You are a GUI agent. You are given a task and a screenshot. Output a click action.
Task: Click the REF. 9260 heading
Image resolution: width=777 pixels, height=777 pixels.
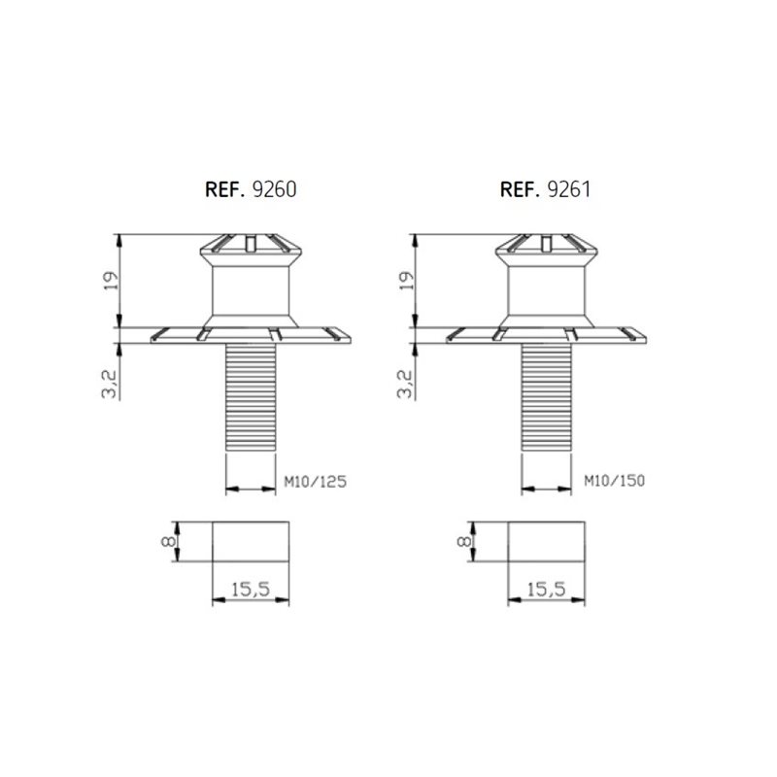pyautogui.click(x=250, y=189)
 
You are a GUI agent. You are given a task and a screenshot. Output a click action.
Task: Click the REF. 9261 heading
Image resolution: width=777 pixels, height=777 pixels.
pyautogui.click(x=546, y=189)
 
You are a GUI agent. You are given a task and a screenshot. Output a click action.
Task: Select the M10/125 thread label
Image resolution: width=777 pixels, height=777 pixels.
pyautogui.click(x=314, y=481)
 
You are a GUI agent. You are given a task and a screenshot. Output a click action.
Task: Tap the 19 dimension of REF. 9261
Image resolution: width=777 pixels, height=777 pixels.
pyautogui.click(x=407, y=281)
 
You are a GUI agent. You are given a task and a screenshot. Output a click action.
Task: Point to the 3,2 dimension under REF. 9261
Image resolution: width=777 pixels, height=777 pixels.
pyautogui.click(x=407, y=384)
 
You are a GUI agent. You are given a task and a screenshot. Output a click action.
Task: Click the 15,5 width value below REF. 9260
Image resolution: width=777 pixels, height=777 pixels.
pyautogui.click(x=251, y=588)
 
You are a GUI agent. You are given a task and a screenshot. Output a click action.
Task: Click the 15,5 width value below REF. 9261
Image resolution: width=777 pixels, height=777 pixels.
pyautogui.click(x=548, y=588)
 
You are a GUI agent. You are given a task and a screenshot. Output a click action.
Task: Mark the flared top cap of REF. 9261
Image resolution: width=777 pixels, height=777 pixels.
pyautogui.click(x=547, y=247)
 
